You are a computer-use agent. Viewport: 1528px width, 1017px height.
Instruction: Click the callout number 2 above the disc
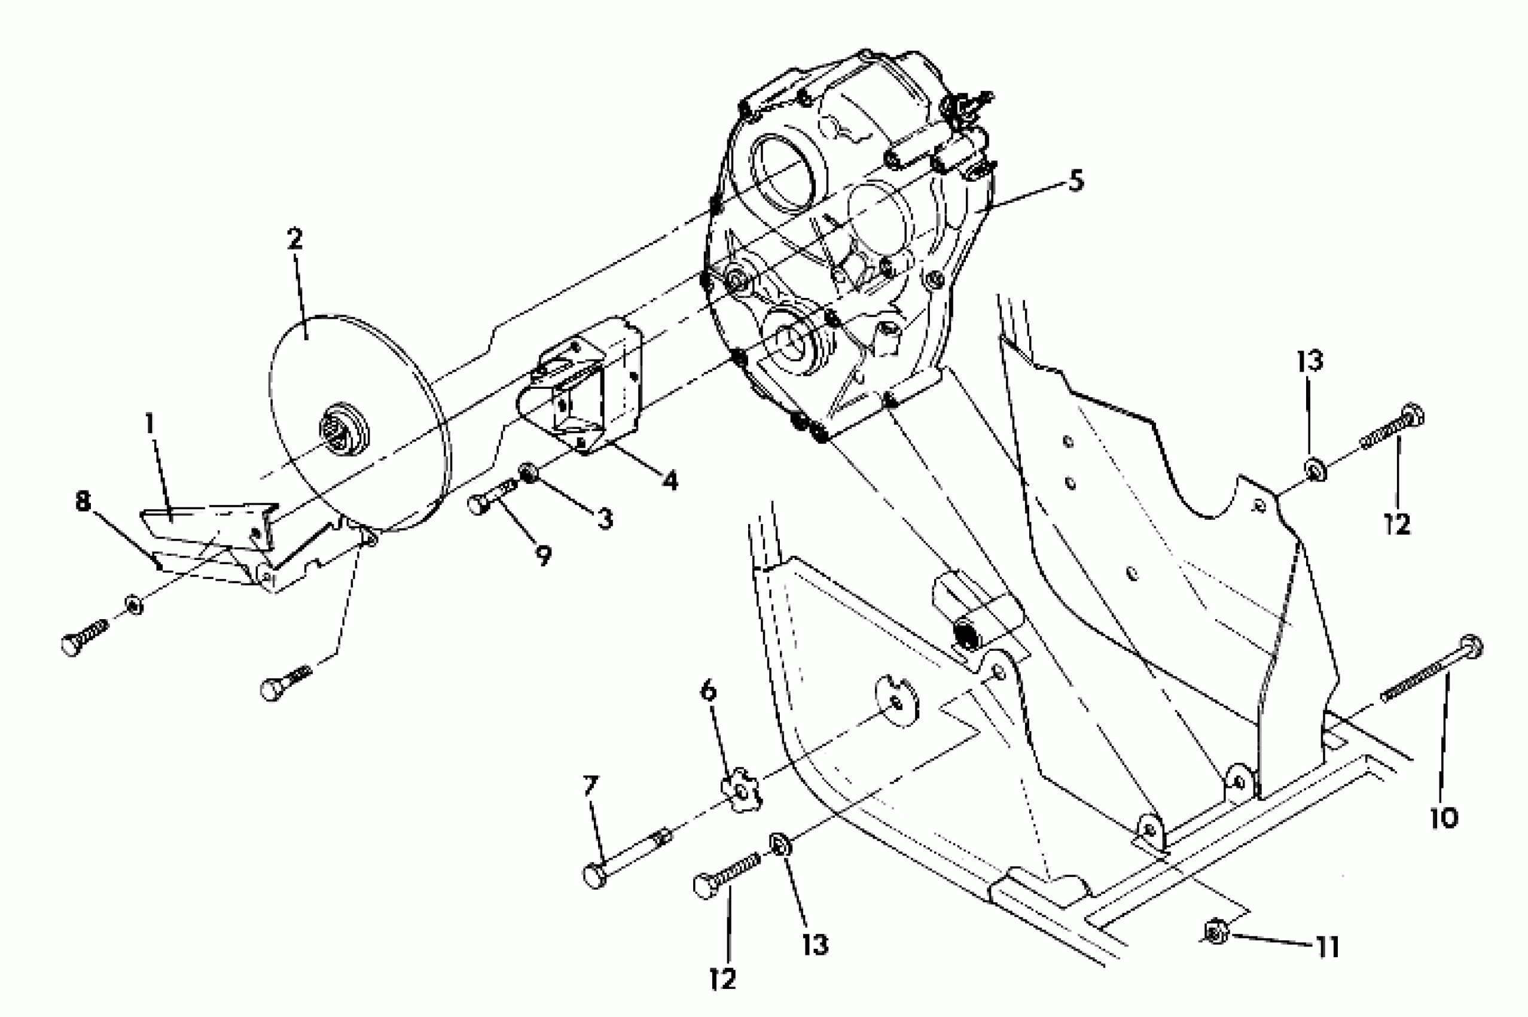294,240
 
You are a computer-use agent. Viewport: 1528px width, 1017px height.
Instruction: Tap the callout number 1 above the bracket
150,424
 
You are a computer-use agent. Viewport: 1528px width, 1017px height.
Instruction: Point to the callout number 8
83,501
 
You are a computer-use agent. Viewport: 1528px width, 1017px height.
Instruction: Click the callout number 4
670,480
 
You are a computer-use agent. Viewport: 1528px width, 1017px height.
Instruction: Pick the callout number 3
605,519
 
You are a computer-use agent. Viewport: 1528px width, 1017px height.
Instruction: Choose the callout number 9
543,555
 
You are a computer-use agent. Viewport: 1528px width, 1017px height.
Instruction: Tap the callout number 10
1444,817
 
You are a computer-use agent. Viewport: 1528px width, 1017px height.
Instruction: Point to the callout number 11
1327,949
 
